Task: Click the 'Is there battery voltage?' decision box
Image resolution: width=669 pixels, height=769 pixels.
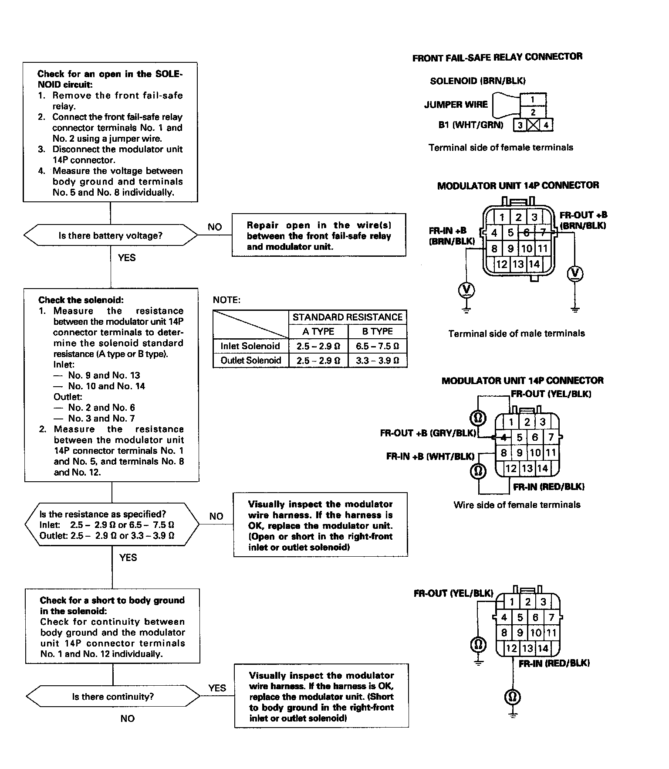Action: point(110,236)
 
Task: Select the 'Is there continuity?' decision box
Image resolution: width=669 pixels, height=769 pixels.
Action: point(113,697)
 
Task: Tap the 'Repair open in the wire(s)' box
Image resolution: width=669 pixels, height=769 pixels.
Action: point(319,236)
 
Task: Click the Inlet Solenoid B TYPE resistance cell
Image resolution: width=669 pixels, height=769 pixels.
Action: point(378,346)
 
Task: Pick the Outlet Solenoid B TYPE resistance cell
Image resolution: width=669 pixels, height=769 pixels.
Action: point(378,361)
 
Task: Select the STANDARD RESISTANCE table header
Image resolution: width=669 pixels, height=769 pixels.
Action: point(348,317)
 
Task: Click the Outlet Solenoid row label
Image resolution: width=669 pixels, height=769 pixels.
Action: point(250,361)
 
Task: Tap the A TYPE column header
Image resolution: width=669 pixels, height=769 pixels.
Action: point(318,331)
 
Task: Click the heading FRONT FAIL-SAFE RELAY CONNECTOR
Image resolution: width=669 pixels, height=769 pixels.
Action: point(497,57)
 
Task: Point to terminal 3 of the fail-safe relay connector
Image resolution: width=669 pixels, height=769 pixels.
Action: point(520,126)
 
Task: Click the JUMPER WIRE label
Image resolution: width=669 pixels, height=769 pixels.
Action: point(456,105)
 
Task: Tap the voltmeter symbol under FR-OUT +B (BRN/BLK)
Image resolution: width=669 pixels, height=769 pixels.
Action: point(575,273)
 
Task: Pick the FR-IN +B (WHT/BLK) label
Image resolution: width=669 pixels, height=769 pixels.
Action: point(430,456)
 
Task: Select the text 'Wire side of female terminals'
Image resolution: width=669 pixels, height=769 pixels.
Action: point(517,505)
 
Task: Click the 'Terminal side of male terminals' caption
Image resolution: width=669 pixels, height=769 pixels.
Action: point(517,333)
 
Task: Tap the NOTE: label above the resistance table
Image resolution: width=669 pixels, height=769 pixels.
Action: point(226,300)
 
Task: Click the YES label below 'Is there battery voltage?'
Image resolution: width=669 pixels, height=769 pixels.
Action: point(127,258)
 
